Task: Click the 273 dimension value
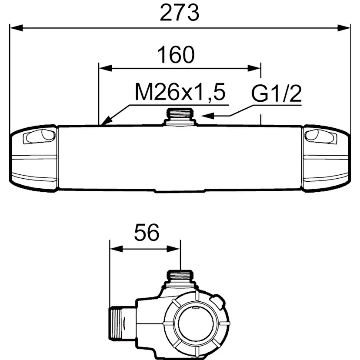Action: [x=179, y=13]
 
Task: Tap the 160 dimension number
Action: [x=176, y=55]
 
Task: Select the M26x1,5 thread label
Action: [x=180, y=92]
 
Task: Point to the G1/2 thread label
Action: [x=277, y=93]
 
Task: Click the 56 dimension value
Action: [x=147, y=232]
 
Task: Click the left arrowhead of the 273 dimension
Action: [x=17, y=28]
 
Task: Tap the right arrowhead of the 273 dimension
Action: [x=344, y=28]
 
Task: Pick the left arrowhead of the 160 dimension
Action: [x=105, y=68]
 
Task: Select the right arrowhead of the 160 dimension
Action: [x=254, y=68]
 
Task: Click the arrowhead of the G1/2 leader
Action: [x=207, y=116]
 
